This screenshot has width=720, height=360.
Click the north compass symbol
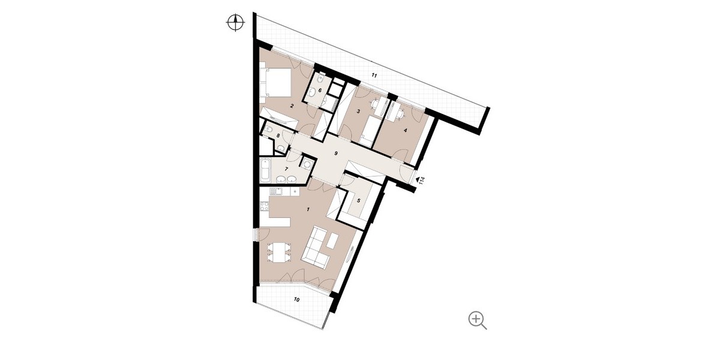coord(236,23)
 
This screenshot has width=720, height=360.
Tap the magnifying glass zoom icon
coord(478,320)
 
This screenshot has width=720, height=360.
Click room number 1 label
coord(308,209)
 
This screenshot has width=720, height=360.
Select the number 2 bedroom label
coord(292,106)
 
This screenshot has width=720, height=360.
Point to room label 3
coord(358,112)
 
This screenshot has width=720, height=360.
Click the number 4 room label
coord(406,130)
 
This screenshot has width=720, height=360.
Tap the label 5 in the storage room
coord(359,200)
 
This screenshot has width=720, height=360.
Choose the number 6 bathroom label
coord(320,91)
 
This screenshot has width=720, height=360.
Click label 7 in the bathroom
coord(286,169)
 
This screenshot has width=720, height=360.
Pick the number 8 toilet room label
coord(278,136)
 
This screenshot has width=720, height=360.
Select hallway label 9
coord(336,154)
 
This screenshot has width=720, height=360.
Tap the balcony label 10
coord(296,299)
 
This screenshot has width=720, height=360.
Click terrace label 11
coord(374,76)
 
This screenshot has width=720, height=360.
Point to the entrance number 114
coord(422,181)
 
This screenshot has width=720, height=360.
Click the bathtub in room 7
coord(265,170)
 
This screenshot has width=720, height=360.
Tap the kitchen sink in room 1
coord(51,192)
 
